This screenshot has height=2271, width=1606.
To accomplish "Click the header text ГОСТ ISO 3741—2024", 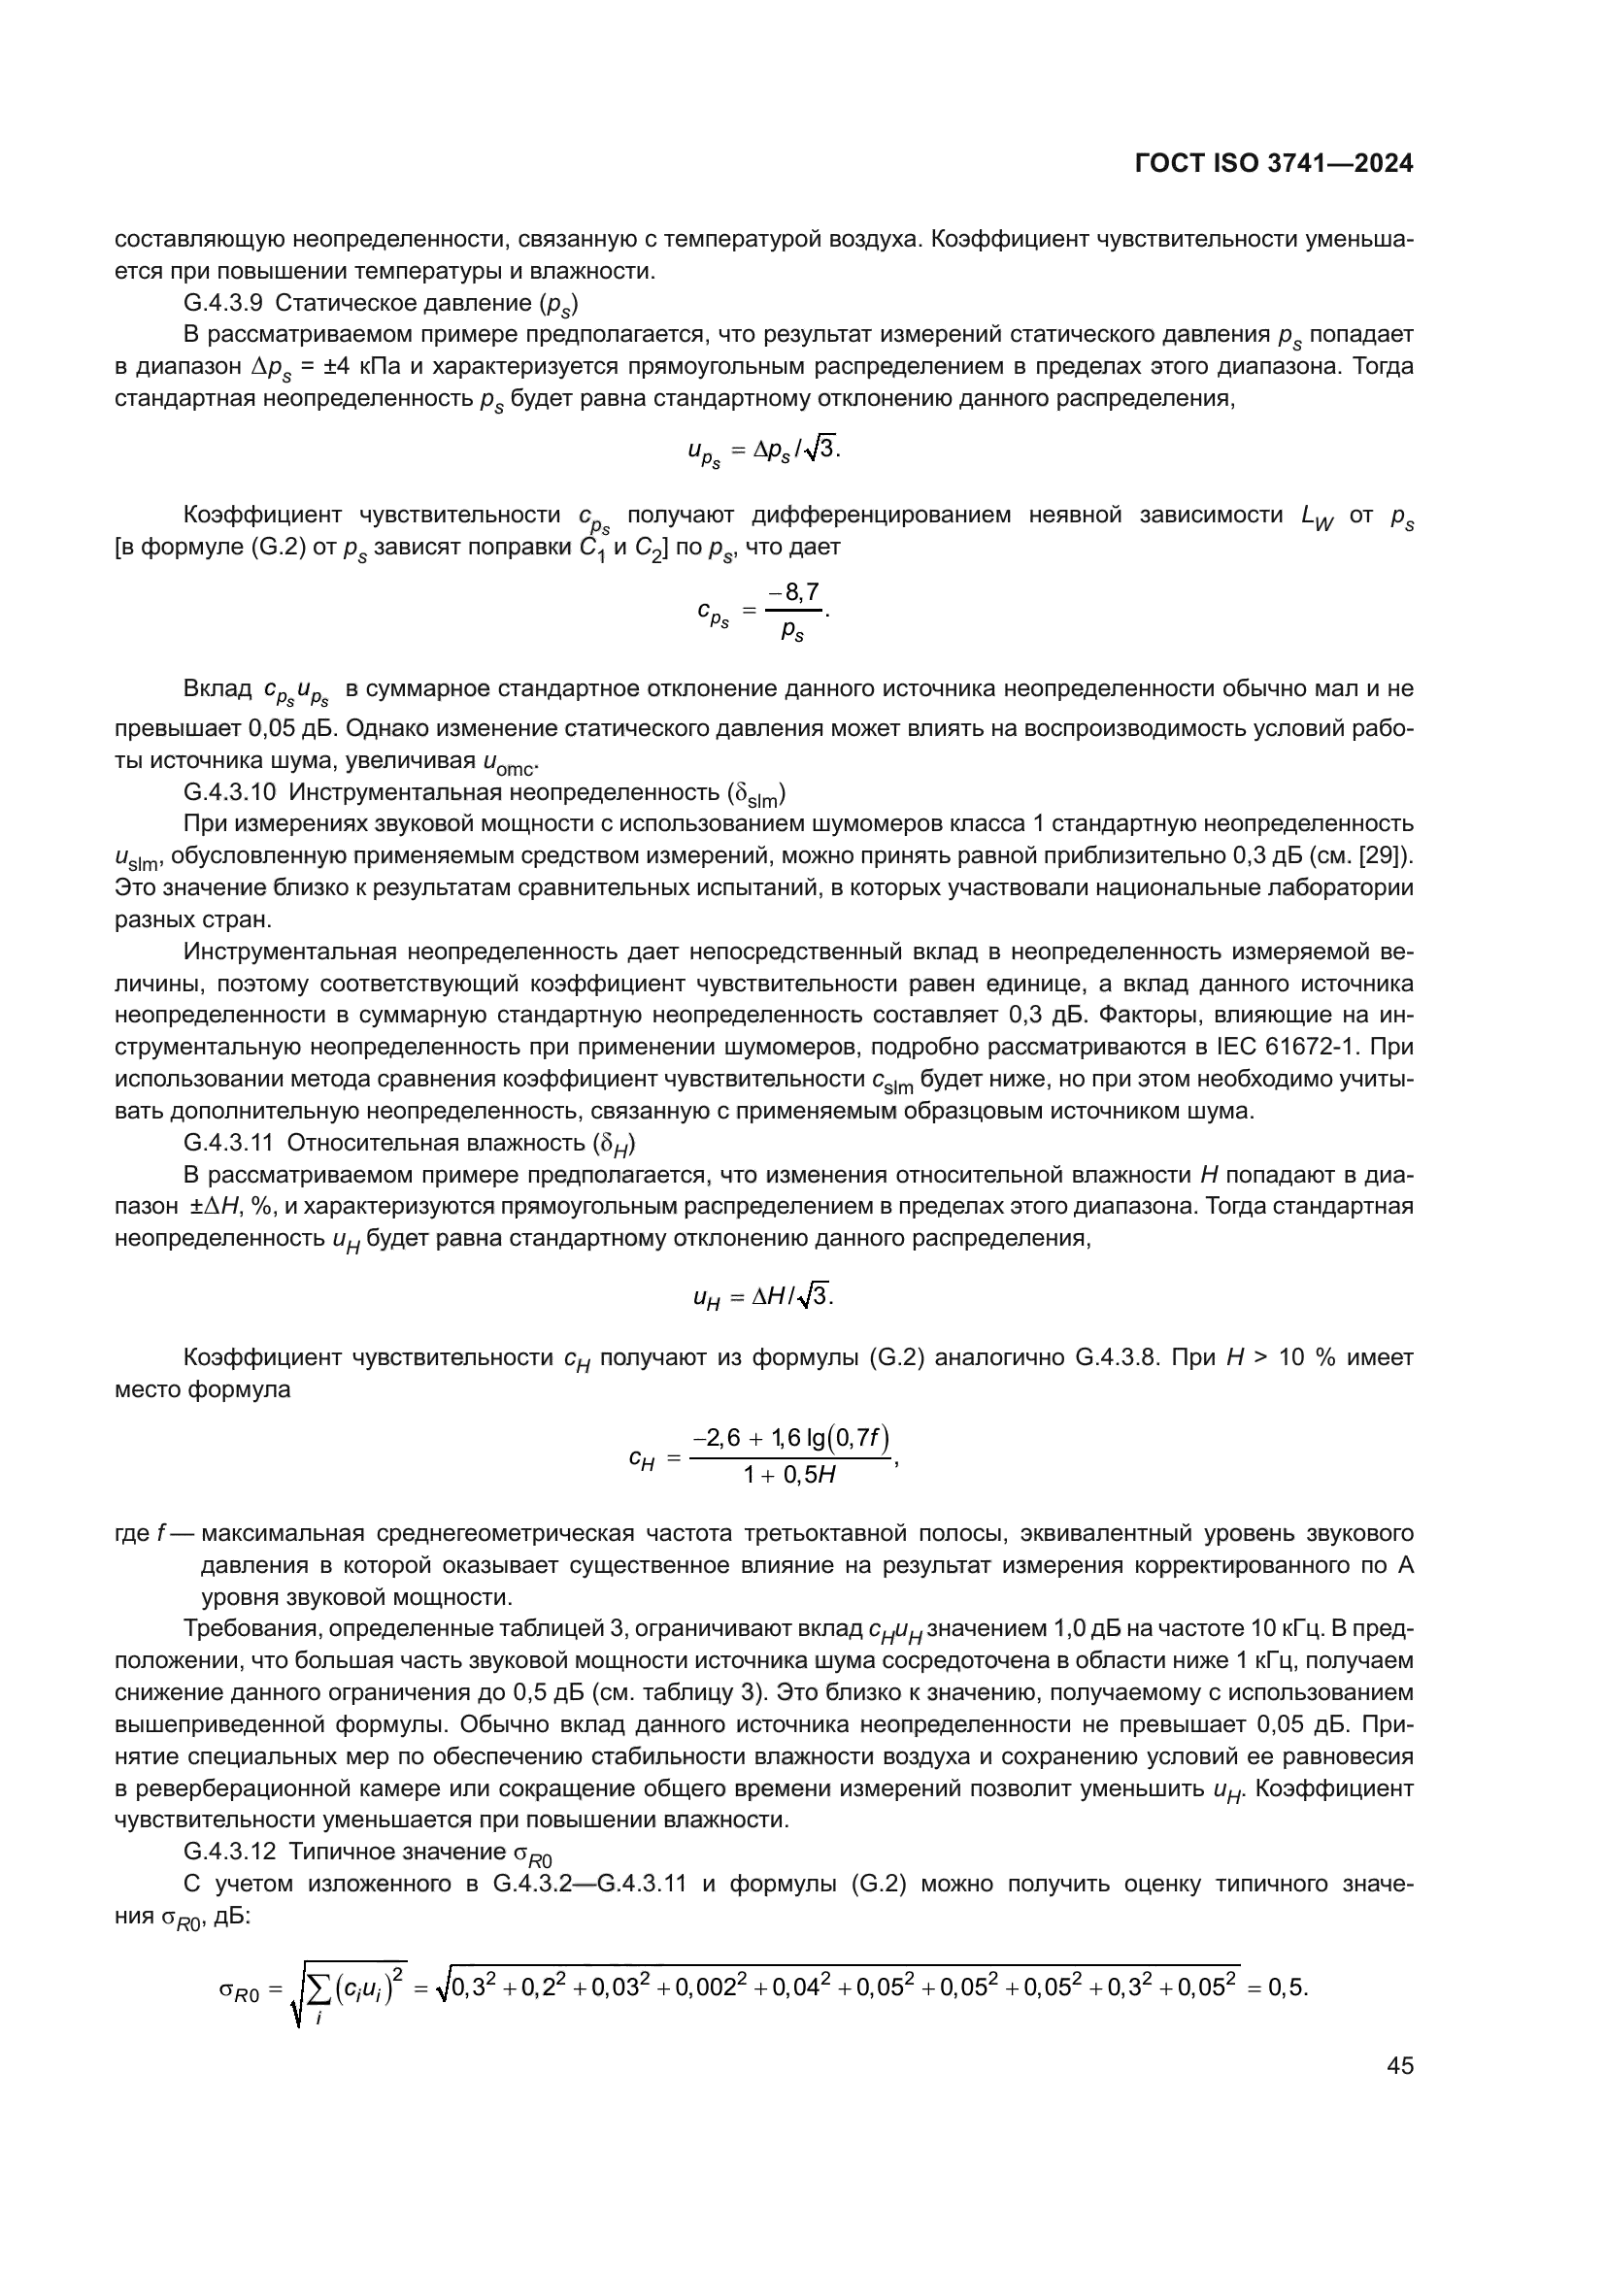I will pos(1274,164).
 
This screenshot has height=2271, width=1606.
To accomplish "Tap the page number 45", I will pos(1399,2065).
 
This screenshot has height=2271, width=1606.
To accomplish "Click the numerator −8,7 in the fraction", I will pos(794,592).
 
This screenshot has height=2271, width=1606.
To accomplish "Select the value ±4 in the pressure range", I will pos(335,367).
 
